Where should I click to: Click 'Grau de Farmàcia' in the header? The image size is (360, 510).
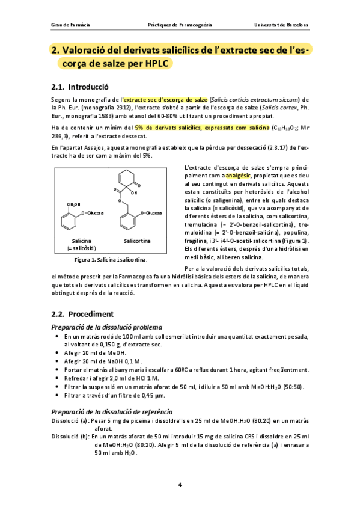71,26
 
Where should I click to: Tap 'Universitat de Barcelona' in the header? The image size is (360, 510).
282,26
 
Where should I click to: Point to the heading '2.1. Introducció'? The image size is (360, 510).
81,87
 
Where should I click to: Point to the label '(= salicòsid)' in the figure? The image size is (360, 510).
81,248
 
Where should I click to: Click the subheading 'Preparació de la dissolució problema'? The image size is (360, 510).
106,326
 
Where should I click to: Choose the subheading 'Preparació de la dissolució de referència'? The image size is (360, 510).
111,410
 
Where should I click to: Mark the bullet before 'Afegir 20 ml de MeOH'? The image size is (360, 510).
57,352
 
